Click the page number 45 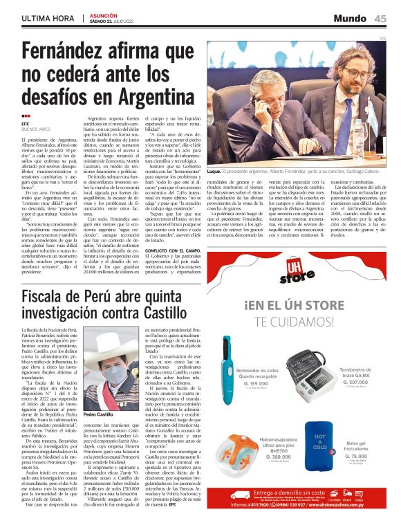380,18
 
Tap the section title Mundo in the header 353,18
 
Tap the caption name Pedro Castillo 97,414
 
